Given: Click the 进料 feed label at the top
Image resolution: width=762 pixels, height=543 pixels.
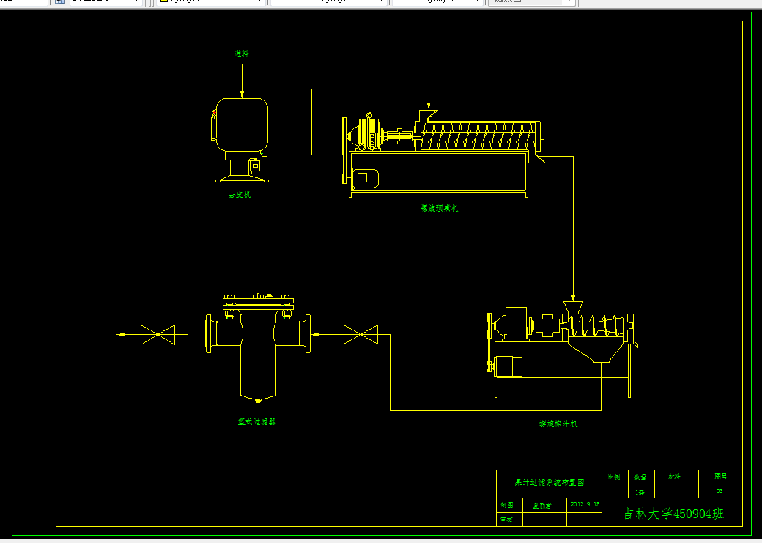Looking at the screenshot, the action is (242, 53).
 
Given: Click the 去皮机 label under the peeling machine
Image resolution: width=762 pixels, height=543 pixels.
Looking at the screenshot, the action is (240, 195).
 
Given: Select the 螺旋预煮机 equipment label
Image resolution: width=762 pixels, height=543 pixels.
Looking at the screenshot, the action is (439, 208).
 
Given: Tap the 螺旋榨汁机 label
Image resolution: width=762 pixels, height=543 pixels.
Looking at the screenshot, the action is (558, 424).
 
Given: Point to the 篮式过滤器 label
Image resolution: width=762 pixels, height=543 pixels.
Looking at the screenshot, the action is (256, 422).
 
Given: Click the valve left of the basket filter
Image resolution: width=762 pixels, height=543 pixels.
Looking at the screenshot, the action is (158, 336).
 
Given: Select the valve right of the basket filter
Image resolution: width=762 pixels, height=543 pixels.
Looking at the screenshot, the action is (360, 336).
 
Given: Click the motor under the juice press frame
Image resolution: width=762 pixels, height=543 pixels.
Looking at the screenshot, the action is (508, 366).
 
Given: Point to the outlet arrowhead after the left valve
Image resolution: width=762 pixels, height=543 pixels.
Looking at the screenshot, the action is (122, 336).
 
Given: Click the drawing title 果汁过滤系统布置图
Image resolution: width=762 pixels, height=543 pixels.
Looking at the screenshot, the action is (550, 483).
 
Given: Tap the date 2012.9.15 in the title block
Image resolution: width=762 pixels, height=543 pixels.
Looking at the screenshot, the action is (585, 505).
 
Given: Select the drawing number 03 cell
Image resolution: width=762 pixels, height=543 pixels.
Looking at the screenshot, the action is (720, 491).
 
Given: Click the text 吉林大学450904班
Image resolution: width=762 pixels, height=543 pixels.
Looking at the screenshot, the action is (673, 514).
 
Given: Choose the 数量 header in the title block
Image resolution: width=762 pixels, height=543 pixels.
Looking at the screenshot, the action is (640, 476).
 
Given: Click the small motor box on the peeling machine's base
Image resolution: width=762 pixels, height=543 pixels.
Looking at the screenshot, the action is (256, 166).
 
